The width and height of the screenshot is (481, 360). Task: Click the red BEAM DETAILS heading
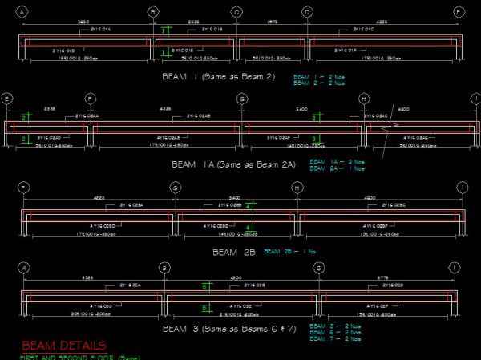point(64,346)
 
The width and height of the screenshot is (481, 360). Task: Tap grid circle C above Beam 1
point(236,12)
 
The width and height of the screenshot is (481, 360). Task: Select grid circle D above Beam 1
point(307,12)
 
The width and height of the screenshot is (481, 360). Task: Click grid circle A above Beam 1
point(22,12)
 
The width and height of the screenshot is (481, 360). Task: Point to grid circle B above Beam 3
point(164,268)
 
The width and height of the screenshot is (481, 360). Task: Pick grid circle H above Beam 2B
point(297,188)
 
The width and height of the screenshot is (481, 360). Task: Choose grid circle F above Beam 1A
point(91,99)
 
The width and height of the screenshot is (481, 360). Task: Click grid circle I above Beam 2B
point(462,188)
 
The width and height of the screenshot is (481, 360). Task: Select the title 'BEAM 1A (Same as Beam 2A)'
point(233,164)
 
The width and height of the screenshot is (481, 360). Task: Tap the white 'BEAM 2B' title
point(234,252)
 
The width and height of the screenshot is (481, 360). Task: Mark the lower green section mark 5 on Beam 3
point(205,308)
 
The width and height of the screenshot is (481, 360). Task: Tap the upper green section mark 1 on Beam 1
point(164,30)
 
